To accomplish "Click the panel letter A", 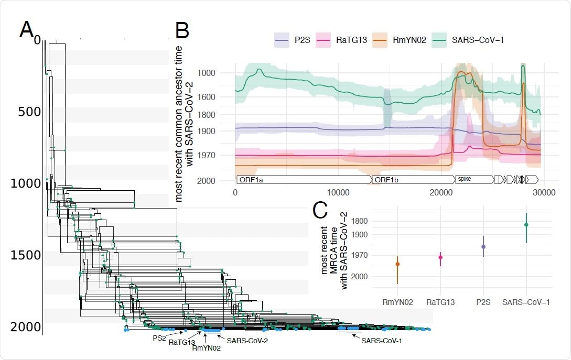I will pyautogui.click(x=27, y=30).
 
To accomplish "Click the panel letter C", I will pyautogui.click(x=321, y=210).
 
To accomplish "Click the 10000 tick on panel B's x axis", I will pyautogui.click(x=337, y=192).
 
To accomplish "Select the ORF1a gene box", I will pyautogui.click(x=303, y=180).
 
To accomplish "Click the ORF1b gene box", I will pyautogui.click(x=412, y=180).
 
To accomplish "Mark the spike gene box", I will pyautogui.click(x=474, y=179).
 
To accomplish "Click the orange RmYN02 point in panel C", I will pyautogui.click(x=397, y=264).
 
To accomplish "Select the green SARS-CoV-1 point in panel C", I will pyautogui.click(x=526, y=225).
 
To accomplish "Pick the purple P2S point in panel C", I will pyautogui.click(x=483, y=247).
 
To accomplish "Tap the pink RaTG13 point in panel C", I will pyautogui.click(x=440, y=257).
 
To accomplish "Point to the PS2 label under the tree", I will pyautogui.click(x=159, y=339).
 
